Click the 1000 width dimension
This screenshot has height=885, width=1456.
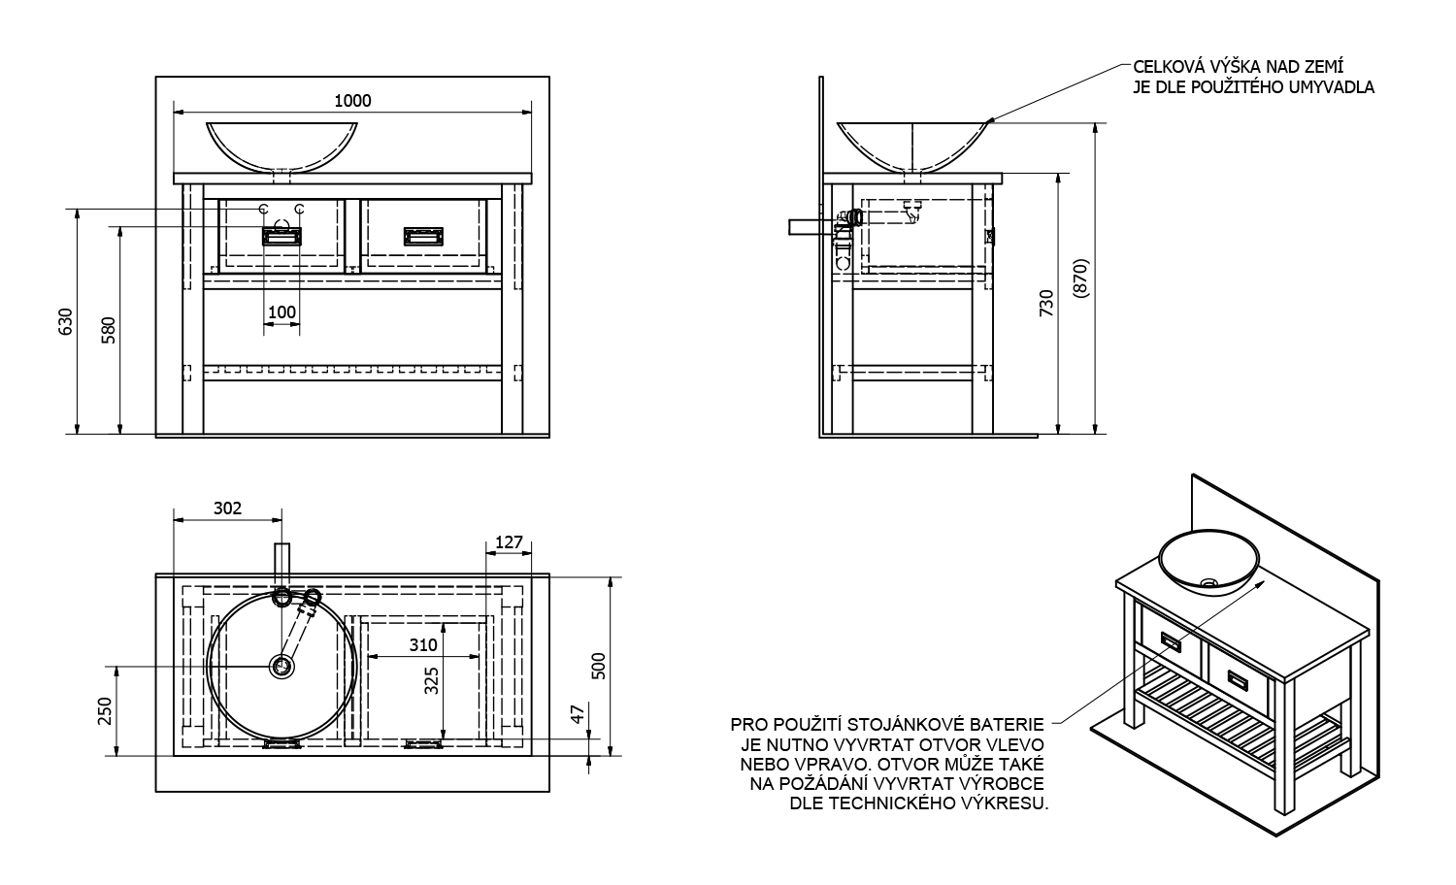tap(352, 100)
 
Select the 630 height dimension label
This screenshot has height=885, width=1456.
tap(66, 320)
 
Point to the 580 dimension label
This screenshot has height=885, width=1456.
tap(110, 330)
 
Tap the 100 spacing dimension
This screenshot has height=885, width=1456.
tap(281, 312)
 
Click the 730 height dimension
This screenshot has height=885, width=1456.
tap(1046, 303)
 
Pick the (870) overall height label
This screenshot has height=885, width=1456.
tap(1082, 281)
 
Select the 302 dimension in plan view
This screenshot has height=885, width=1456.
tap(226, 508)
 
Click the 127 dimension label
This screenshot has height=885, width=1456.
tap(509, 541)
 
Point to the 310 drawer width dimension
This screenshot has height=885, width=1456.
tap(423, 644)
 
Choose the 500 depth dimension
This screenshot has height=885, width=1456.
tap(599, 666)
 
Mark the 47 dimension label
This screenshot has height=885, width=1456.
tap(579, 715)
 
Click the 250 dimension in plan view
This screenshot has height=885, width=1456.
tap(106, 711)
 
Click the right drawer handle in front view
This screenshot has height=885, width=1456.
tap(423, 236)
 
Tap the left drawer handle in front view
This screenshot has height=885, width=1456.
tap(281, 236)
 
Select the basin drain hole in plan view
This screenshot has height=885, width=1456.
tap(281, 666)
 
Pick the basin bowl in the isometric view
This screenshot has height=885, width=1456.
tap(1208, 564)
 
